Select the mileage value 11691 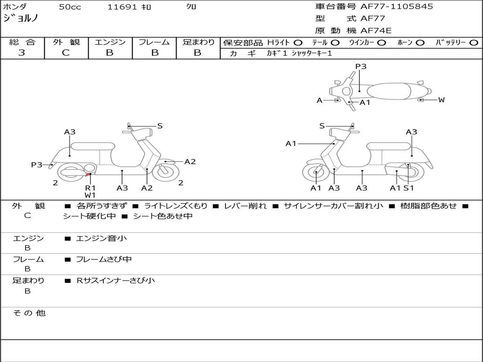(x=122, y=7)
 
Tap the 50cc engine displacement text (x=70, y=7)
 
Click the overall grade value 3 (x=22, y=53)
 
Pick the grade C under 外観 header (x=66, y=53)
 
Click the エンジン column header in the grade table (x=110, y=42)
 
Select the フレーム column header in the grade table (x=154, y=42)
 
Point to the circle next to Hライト (x=298, y=42)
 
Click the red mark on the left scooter (x=88, y=175)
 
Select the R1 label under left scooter (x=90, y=188)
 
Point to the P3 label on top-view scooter (x=361, y=66)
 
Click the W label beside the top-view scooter (x=441, y=99)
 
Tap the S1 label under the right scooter (x=408, y=188)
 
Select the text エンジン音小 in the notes (x=101, y=239)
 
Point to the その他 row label (x=29, y=313)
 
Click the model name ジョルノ (x=21, y=18)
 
